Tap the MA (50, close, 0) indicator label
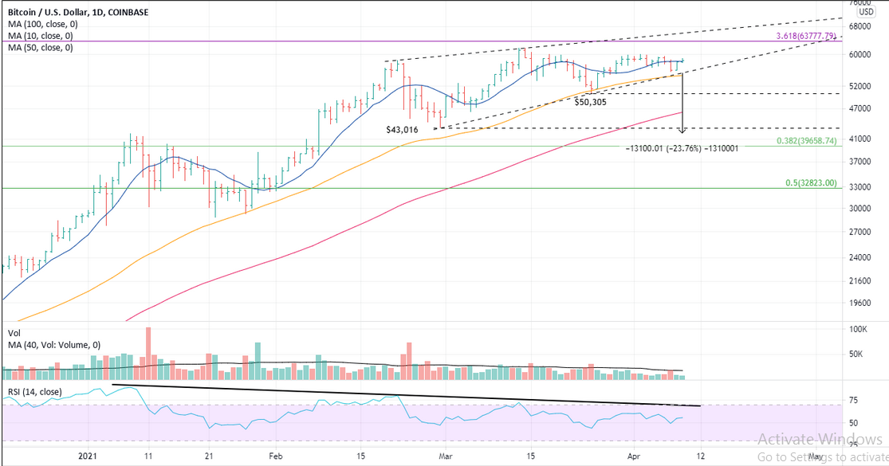click(x=39, y=47)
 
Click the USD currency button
click(x=866, y=12)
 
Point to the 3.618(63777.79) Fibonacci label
click(x=805, y=36)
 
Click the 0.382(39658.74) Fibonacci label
click(x=806, y=141)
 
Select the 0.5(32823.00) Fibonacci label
click(x=811, y=182)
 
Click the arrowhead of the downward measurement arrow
click(x=682, y=129)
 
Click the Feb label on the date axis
click(x=275, y=456)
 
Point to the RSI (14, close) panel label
click(x=37, y=392)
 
